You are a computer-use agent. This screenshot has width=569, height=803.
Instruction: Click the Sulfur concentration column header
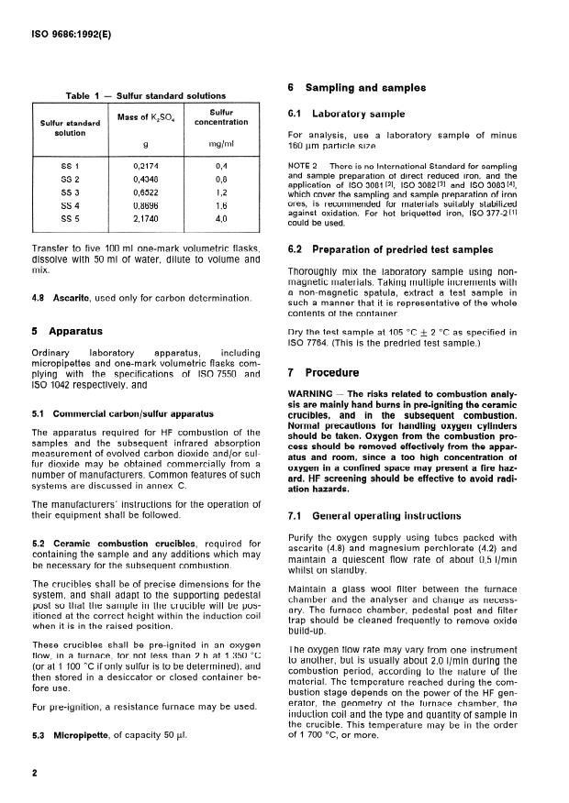[220, 115]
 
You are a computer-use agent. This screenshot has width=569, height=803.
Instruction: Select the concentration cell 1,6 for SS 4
[220, 209]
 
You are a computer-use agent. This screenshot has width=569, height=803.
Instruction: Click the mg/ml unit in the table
[220, 145]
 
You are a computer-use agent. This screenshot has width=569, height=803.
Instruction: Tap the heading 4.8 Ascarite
[65, 299]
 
